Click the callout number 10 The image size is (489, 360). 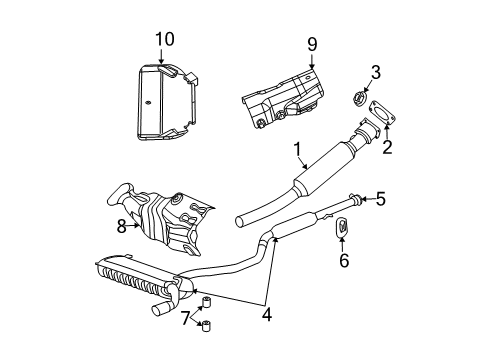163,40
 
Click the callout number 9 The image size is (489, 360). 311,45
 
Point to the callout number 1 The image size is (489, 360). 297,151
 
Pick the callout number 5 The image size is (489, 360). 379,198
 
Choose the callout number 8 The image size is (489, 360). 121,227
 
